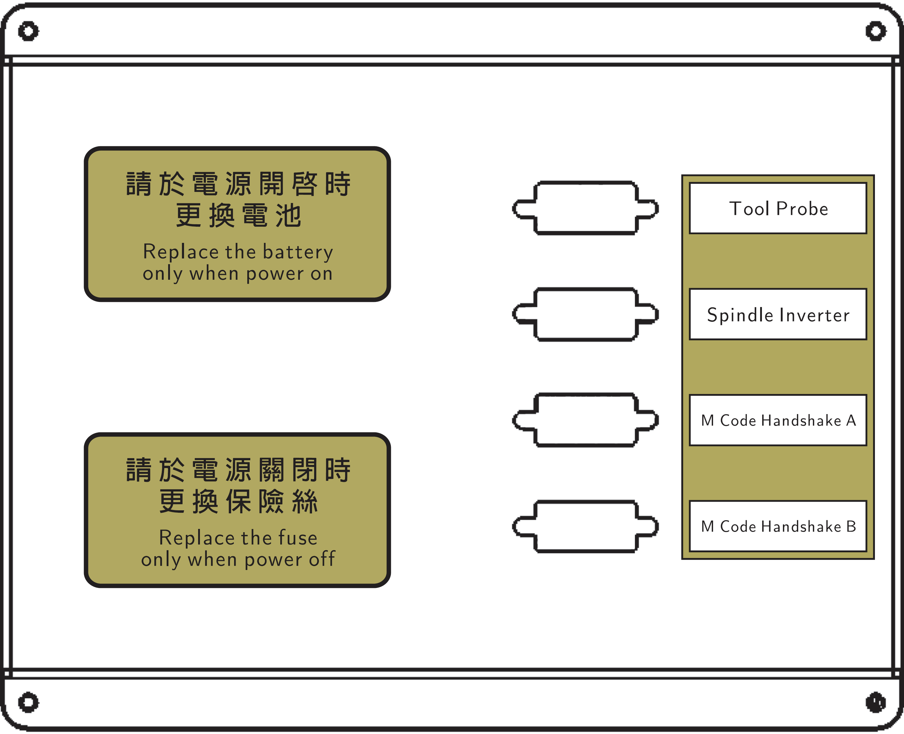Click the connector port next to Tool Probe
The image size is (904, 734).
pos(585,208)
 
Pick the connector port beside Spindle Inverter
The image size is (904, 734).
pos(585,314)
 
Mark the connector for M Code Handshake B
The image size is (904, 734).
pos(585,527)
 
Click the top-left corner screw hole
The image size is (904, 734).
pos(28,31)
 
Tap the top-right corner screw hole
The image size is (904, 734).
pos(876,31)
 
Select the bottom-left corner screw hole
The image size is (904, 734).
pos(28,702)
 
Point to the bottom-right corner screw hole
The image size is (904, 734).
pos(876,702)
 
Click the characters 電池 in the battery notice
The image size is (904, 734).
pos(272,215)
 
